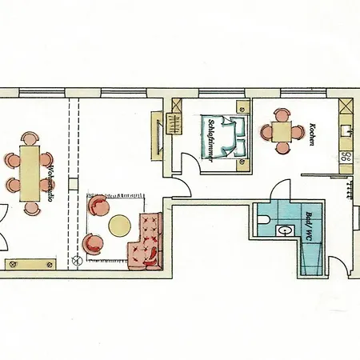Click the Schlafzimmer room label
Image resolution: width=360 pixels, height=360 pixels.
[x=211, y=140]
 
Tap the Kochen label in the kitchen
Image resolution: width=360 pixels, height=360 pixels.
[x=311, y=134]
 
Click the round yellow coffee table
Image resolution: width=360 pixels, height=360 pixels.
[x=119, y=226]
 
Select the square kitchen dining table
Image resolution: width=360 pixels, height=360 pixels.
[x=282, y=131]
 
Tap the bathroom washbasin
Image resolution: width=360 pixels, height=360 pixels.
[x=286, y=230]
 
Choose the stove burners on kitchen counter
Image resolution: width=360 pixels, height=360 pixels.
[x=346, y=157]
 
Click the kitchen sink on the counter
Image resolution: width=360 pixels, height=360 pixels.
[x=346, y=131]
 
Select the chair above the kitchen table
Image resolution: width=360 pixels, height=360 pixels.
[x=282, y=114]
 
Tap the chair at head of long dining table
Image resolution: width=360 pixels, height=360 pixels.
[x=30, y=138]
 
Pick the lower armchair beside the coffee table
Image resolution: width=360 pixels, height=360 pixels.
[x=93, y=243]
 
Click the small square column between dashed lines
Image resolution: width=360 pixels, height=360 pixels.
[x=74, y=184]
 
